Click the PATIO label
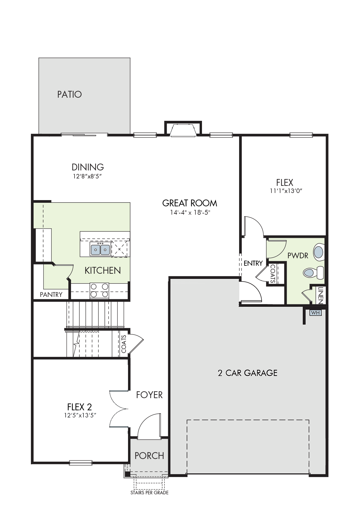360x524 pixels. (x=70, y=94)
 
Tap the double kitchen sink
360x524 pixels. (x=100, y=249)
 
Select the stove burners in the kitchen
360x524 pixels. (x=100, y=290)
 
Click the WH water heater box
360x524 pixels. (x=315, y=313)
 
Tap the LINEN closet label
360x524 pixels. (x=320, y=295)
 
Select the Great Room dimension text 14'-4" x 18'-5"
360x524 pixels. (x=190, y=212)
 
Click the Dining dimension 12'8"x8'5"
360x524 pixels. (x=88, y=176)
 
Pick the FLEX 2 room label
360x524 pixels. (x=80, y=407)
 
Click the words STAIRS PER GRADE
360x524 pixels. (x=149, y=493)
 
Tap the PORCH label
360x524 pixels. (x=149, y=456)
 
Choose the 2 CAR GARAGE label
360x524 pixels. (x=248, y=373)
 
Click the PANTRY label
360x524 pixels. (x=51, y=295)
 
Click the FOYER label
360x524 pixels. (x=149, y=395)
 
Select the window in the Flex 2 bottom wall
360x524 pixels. (x=80, y=463)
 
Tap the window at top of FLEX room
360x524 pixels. (x=301, y=135)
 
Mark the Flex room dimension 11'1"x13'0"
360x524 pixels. (x=286, y=191)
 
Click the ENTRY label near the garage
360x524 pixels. (x=253, y=263)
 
